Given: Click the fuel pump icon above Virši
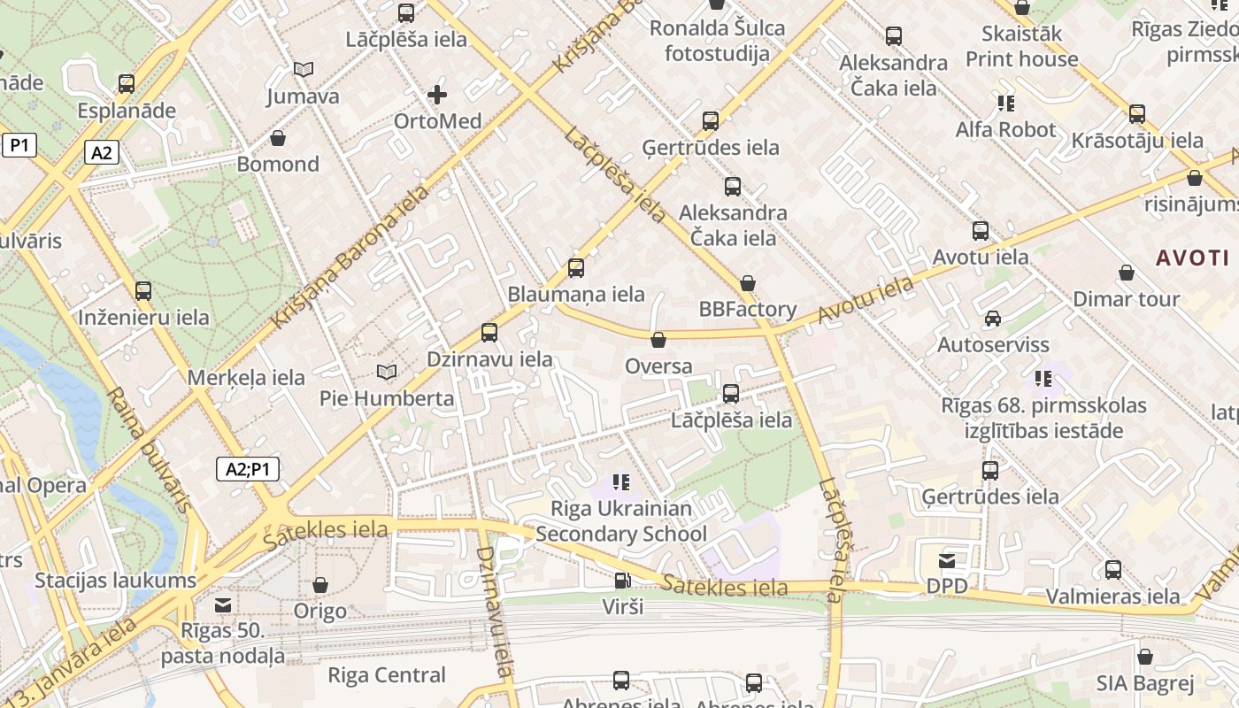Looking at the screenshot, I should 623,581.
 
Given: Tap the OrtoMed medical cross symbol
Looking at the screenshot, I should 437,94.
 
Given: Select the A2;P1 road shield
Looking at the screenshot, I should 248,469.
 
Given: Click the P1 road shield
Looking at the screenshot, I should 19,145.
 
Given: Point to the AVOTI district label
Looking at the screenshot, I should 1193,258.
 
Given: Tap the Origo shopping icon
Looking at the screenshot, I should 320,586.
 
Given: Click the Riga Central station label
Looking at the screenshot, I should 387,675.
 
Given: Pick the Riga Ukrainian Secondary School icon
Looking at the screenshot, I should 621,482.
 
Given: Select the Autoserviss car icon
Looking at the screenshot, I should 993,319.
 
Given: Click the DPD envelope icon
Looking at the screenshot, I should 947,560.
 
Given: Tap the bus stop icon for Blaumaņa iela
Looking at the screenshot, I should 576,267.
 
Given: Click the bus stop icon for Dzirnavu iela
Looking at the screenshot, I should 489,333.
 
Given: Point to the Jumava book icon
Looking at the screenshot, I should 304,69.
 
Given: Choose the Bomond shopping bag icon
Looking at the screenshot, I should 278,138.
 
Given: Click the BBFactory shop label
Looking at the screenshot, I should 748,310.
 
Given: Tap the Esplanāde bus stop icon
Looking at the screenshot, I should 127,84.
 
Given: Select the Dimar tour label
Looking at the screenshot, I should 1126,299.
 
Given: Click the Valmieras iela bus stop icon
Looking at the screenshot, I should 1113,570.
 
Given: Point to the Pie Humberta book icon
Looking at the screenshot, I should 387,372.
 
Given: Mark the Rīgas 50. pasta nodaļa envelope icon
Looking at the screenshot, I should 223,604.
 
